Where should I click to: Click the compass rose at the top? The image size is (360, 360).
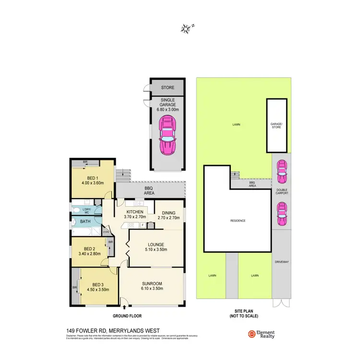[x=186, y=28]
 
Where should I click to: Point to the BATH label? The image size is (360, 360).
[x=85, y=222]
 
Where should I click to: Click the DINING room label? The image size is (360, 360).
[x=168, y=213]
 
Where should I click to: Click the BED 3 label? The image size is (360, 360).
[x=98, y=284]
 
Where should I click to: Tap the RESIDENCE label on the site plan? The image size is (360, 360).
[x=238, y=221]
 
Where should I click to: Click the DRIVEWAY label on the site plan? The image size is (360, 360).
[x=281, y=262]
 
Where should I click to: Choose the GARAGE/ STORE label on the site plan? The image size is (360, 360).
[x=276, y=125]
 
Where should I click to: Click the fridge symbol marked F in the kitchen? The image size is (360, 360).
[x=142, y=225]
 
